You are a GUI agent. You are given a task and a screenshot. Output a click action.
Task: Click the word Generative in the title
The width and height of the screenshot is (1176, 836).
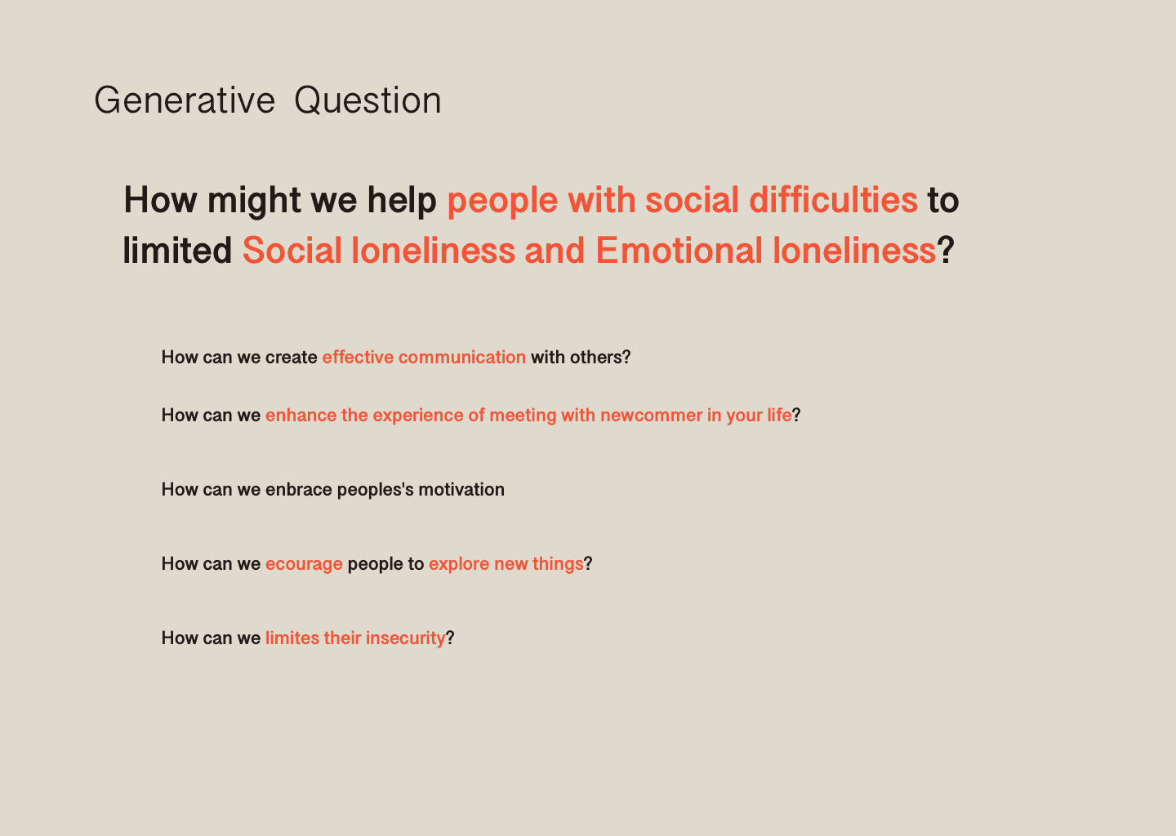(185, 100)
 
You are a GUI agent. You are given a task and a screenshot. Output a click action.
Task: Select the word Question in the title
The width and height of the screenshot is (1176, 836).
(367, 100)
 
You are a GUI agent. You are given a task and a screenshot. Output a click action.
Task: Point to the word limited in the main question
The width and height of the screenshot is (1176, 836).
(177, 251)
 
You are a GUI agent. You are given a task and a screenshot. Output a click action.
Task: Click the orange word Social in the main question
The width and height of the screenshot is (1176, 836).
(292, 251)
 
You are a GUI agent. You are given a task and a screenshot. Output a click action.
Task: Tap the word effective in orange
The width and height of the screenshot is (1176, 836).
(358, 358)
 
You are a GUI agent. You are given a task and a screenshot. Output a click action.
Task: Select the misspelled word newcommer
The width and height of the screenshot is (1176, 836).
(651, 416)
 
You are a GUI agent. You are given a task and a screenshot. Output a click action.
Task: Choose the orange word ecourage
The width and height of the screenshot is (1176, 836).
(304, 564)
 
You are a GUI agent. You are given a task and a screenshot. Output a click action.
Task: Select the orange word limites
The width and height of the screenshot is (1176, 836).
(292, 638)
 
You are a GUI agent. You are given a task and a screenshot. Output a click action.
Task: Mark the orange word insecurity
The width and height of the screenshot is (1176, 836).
(405, 638)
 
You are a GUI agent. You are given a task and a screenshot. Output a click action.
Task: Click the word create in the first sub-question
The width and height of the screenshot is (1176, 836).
(292, 358)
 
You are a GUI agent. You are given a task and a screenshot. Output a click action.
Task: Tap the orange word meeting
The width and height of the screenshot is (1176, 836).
(523, 416)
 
